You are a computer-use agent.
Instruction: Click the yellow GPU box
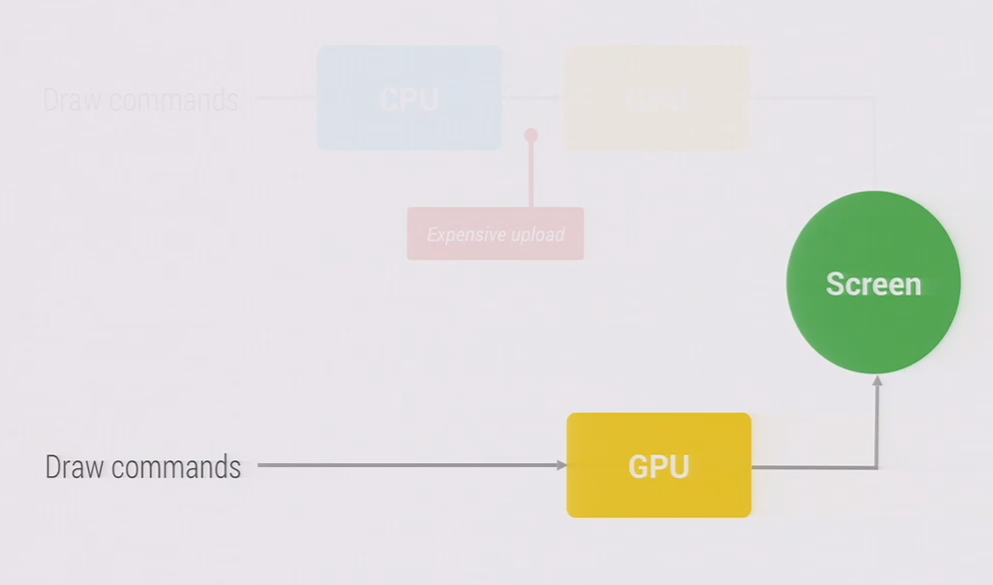tap(659, 465)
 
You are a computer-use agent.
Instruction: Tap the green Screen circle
tap(873, 283)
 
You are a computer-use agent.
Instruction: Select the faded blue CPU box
tap(409, 98)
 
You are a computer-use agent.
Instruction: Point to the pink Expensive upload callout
tap(495, 234)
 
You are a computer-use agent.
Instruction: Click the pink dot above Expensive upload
tap(531, 135)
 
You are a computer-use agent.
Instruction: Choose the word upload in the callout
tap(538, 235)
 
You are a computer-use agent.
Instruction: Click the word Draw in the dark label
tap(73, 466)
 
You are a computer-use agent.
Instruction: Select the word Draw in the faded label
tap(71, 100)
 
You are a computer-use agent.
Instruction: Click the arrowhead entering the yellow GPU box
tap(561, 465)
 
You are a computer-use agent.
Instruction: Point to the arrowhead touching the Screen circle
tap(877, 380)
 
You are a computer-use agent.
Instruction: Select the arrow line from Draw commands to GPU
tap(409, 465)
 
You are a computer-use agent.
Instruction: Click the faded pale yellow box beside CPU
tap(657, 98)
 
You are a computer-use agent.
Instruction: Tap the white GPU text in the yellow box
tap(659, 466)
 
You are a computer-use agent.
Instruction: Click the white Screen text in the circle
tap(873, 284)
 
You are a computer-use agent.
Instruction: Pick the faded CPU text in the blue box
tap(409, 100)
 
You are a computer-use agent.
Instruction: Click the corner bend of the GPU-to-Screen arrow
tap(877, 466)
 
